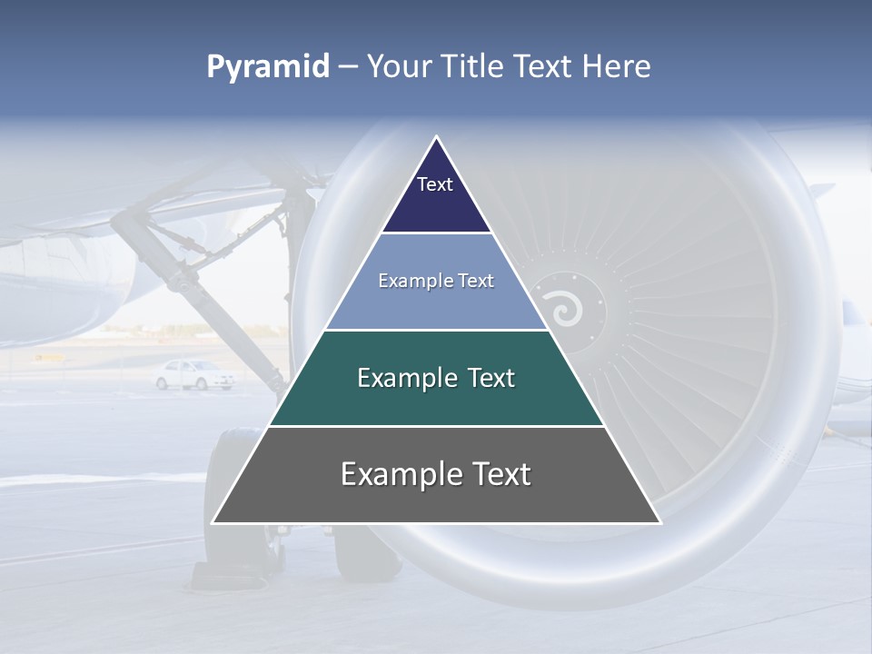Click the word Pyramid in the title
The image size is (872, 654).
pyautogui.click(x=267, y=67)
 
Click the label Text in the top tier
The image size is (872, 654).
pyautogui.click(x=434, y=184)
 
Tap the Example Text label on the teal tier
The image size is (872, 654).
pyautogui.click(x=436, y=378)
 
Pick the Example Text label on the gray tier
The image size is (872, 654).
pyautogui.click(x=436, y=474)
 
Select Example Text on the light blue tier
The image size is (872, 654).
pyautogui.click(x=436, y=281)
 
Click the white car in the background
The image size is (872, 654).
pyautogui.click(x=193, y=374)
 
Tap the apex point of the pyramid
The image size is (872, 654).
pyautogui.click(x=436, y=138)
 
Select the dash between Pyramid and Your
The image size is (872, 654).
pyautogui.click(x=348, y=67)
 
